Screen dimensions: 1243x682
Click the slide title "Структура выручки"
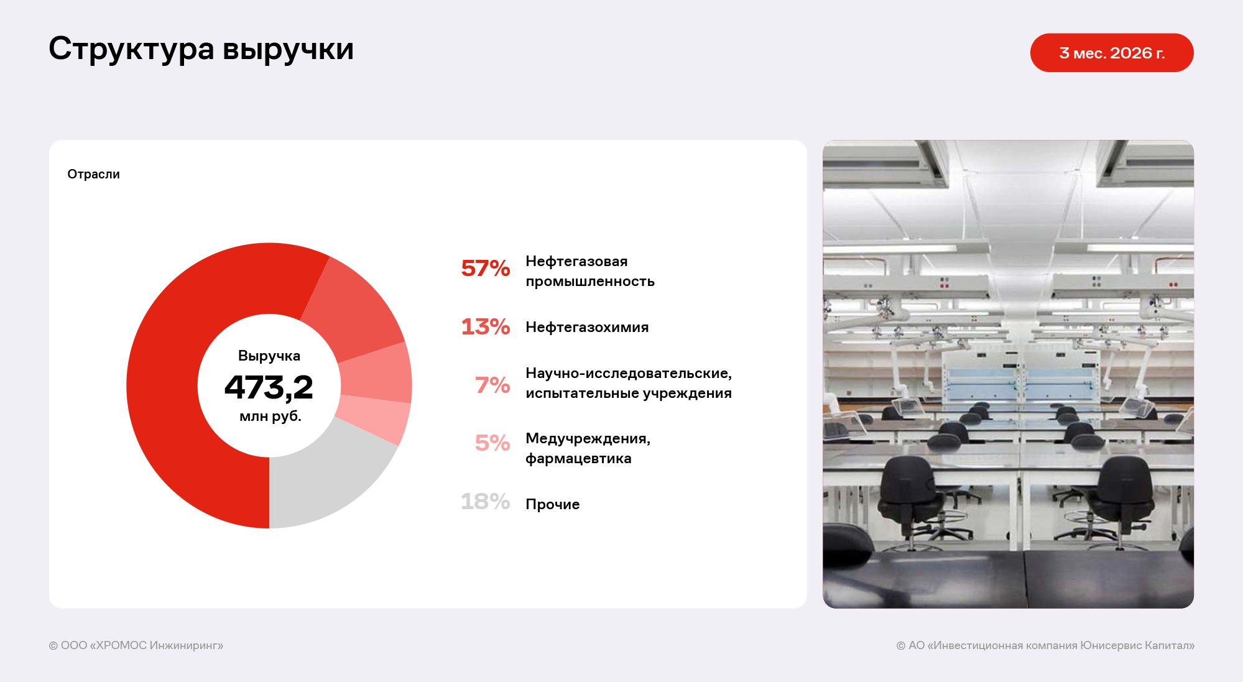[x=201, y=49]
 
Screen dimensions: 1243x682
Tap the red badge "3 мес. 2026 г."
[x=1112, y=53]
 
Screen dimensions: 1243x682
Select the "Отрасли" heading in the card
[x=93, y=174]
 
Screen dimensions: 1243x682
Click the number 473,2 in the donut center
[x=269, y=387]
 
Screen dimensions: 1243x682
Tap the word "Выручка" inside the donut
[x=269, y=356]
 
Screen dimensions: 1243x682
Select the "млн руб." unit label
[x=270, y=416]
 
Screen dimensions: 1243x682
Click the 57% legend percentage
[x=486, y=269]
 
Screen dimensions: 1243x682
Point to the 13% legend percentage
[x=486, y=326]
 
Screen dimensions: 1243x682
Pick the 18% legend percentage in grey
[x=486, y=501]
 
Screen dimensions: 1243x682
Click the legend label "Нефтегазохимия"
[x=587, y=327]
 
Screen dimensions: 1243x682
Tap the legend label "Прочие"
[x=553, y=504]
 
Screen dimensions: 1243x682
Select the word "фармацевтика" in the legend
[x=578, y=459]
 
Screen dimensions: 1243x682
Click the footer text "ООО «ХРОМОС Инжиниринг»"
[x=142, y=645]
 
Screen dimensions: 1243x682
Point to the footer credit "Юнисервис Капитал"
[x=1138, y=645]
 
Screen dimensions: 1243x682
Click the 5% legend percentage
[x=492, y=443]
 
